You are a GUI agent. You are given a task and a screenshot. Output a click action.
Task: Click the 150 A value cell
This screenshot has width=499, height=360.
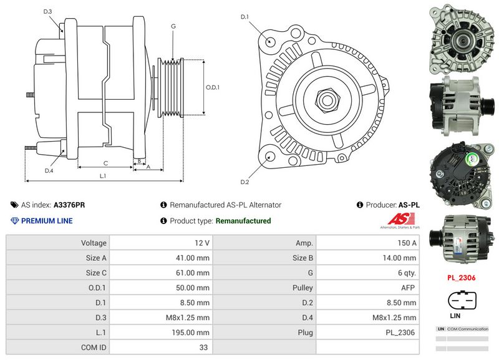[370, 243]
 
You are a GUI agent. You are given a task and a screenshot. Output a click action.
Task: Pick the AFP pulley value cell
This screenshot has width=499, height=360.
[370, 288]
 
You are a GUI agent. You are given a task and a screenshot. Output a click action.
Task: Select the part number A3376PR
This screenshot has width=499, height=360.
[69, 205]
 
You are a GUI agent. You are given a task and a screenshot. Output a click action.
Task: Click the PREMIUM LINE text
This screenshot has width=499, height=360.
[47, 221]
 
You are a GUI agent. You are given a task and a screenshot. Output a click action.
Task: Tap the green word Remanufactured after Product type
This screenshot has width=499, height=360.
[243, 221]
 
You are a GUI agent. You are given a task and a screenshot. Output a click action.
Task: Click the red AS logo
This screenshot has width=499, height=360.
[399, 220]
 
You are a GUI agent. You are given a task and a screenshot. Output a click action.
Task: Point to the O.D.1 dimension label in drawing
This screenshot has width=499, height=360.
[213, 87]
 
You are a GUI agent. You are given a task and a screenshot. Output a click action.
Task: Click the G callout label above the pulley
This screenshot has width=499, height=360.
[173, 26]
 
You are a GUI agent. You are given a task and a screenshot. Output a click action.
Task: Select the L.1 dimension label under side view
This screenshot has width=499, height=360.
[102, 176]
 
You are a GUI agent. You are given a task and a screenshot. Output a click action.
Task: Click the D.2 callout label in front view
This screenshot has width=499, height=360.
[245, 182]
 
